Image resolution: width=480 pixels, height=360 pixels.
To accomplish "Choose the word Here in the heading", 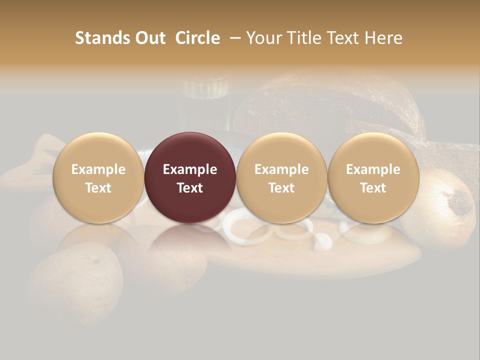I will (x=383, y=38).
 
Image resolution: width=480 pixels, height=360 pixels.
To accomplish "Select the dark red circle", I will (x=190, y=177).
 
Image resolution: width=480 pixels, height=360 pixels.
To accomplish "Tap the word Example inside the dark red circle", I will (x=190, y=169).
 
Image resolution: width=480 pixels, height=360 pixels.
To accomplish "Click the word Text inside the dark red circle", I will (x=190, y=188).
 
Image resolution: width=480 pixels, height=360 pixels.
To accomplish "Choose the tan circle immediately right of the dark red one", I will (x=281, y=177).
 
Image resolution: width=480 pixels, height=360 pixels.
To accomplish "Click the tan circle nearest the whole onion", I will (x=373, y=177).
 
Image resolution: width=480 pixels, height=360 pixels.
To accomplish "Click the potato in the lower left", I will (x=75, y=280).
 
